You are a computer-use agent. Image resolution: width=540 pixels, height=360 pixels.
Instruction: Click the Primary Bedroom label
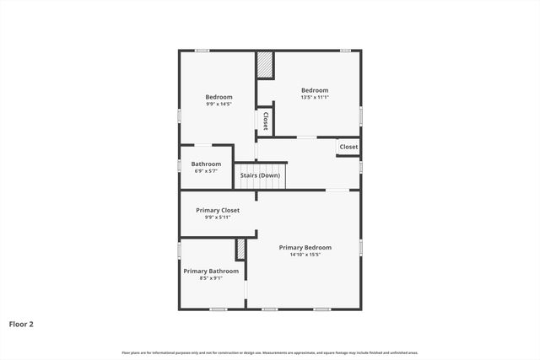point(305,247)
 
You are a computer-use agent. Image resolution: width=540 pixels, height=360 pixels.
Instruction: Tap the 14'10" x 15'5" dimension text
point(305,255)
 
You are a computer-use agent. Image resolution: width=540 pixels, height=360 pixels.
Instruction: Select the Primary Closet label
point(218,210)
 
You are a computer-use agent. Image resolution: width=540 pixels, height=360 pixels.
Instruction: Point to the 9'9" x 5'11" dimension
point(218,218)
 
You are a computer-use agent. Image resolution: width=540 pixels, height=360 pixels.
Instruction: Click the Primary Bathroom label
point(211,271)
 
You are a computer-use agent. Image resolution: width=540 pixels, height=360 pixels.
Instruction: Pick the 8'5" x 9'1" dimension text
point(211,278)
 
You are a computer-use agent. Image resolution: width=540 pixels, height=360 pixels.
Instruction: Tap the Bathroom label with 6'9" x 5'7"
point(206,164)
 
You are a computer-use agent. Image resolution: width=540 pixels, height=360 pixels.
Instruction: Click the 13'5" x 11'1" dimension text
point(315,98)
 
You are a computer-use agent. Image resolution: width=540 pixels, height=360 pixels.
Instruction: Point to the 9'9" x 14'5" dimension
point(219,105)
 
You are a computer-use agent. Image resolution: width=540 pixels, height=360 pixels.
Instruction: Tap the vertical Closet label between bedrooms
point(266,121)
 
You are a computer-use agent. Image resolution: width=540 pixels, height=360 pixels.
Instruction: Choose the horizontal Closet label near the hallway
point(348,147)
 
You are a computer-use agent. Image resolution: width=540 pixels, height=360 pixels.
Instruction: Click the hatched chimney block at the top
point(265,65)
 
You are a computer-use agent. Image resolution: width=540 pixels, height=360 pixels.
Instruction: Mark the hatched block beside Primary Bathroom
point(240,250)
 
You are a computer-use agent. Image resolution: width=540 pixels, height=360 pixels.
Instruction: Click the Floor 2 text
point(21,323)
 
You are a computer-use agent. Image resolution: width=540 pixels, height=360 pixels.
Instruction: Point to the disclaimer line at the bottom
point(269,352)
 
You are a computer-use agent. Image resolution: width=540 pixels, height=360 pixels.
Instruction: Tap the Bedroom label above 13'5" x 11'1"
point(315,90)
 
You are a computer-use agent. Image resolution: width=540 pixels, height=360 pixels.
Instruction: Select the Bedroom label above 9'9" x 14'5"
point(219,97)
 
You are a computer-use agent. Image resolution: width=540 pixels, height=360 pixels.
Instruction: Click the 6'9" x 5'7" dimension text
point(206,171)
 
